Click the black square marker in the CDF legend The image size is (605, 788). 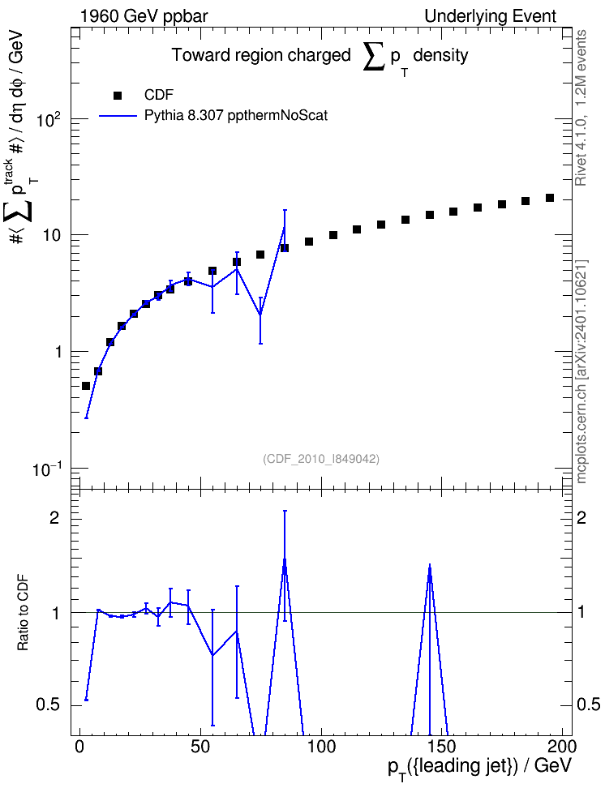(117, 96)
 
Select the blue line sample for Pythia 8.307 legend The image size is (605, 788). (118, 116)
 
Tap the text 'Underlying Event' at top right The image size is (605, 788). (491, 16)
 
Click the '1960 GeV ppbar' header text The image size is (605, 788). (144, 16)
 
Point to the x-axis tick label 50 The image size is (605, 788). (200, 747)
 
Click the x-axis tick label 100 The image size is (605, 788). (321, 747)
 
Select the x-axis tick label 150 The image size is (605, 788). (442, 747)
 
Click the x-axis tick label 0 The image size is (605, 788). (79, 747)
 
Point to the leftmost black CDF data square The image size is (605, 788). (86, 386)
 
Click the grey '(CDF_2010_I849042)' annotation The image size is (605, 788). (321, 459)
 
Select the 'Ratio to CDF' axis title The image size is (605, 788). (23, 613)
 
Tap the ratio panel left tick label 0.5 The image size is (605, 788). (48, 704)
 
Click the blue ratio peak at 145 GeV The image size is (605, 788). (430, 565)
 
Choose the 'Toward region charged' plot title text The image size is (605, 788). (261, 55)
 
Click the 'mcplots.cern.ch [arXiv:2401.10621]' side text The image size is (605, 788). (581, 372)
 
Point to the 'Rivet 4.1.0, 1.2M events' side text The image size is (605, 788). (581, 108)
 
